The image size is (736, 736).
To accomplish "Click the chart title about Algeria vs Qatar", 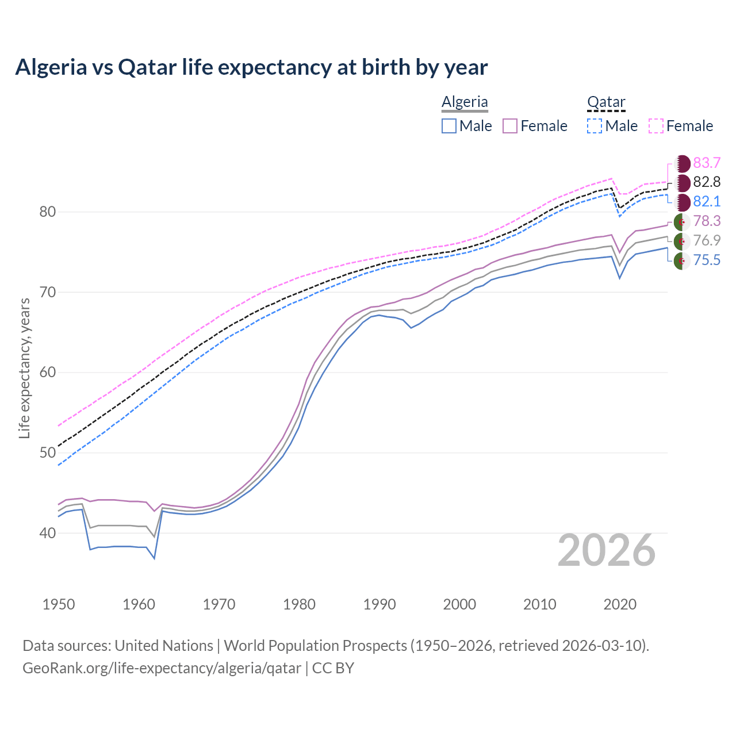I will coord(251,67).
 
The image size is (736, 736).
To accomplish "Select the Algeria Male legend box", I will coord(449,126).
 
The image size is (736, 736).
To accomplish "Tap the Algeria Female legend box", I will coord(511,126).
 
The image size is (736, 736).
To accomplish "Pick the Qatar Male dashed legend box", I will coord(595,126).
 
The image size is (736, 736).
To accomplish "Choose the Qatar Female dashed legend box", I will coord(656,126).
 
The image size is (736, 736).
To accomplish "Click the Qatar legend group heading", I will coord(606,102).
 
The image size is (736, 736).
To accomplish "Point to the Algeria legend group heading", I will coord(465,102).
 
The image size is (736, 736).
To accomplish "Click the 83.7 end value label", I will coord(707,163).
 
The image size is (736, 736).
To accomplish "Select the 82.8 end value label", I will coord(707,182).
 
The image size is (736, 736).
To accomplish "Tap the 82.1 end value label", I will coord(707,202).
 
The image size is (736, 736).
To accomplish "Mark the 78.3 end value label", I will coord(707,221).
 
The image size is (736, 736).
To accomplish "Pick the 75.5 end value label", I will coord(707,260).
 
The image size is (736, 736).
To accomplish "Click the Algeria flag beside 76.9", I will coord(682,241).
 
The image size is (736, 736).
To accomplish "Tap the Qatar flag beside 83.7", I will coord(682,163).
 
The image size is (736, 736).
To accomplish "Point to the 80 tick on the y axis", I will coord(48,212).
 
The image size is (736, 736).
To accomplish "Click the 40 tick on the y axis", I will coord(48,534).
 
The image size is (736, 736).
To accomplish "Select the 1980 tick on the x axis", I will coord(299,604).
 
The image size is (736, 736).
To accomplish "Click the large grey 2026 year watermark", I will coord(607,550).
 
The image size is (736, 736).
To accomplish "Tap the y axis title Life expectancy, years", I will coord(24,368).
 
